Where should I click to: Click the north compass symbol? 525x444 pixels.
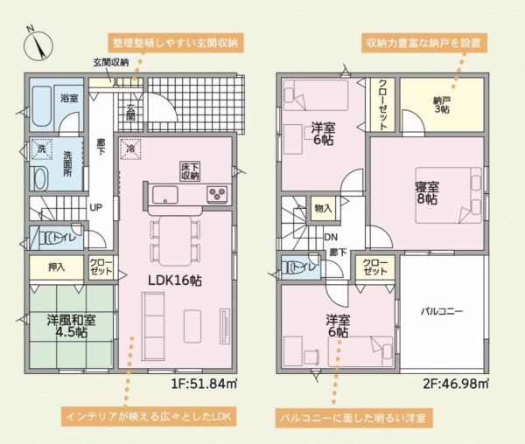pos(38,45)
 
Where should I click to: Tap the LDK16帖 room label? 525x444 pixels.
pos(175,281)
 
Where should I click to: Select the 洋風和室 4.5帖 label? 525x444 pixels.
pos(72,326)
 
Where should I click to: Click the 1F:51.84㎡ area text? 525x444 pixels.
pos(204,384)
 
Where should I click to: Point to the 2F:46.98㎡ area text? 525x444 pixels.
pos(456,384)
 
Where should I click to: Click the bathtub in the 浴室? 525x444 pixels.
pos(41,107)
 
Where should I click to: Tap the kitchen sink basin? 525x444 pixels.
pos(165,195)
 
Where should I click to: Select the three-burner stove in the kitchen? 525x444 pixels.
pos(217,194)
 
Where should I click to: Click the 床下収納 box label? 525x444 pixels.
pos(191,171)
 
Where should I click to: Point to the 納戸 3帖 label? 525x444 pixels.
pos(441,105)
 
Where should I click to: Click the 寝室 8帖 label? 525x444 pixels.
pos(427,193)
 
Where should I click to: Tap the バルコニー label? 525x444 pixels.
pos(442,312)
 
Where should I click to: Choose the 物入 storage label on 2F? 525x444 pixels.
pos(323,209)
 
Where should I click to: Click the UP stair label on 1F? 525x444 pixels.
pos(95,208)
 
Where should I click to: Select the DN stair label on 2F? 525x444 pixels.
pos(331,238)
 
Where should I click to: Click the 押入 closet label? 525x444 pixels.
pos(56,267)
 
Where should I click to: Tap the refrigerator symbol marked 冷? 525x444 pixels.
pos(130,149)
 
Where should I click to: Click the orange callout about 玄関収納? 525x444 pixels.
pos(175,43)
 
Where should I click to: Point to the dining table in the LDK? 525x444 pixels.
pos(175,241)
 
